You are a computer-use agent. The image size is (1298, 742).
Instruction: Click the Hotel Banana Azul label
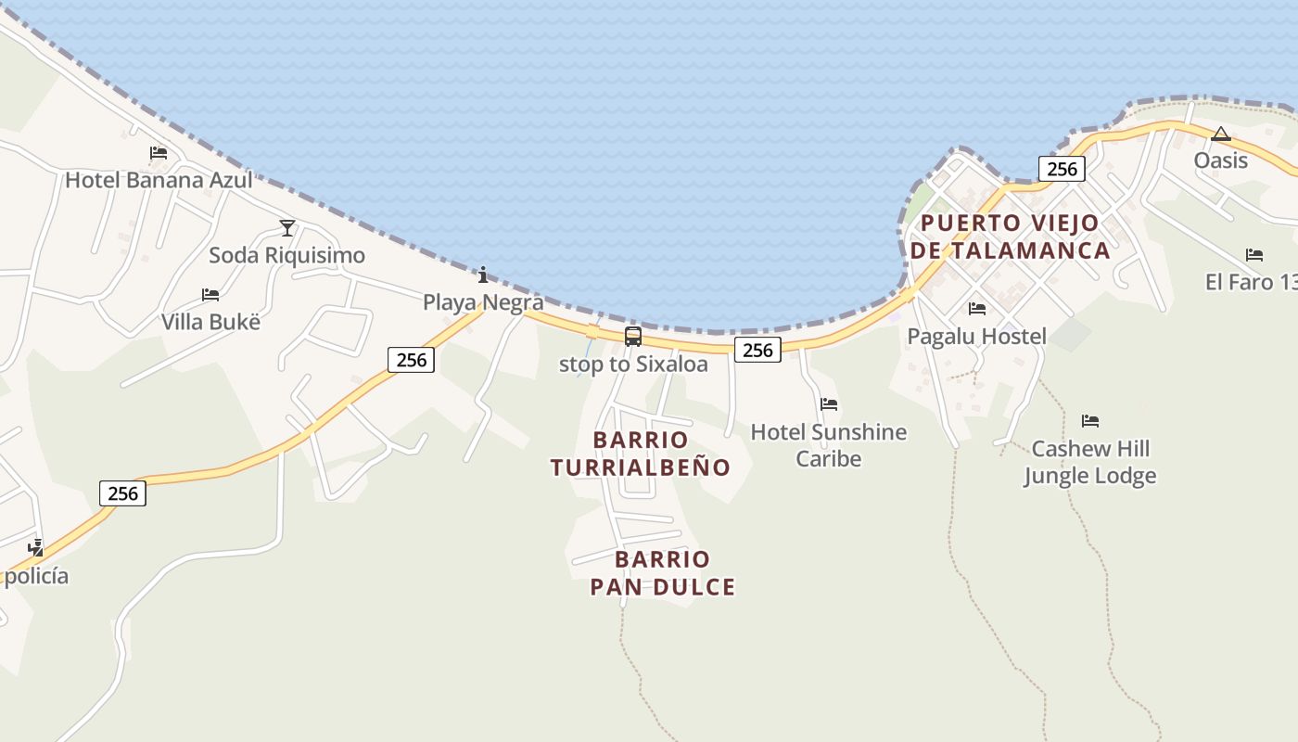[159, 180]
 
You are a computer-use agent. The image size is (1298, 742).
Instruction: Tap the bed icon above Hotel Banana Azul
[159, 153]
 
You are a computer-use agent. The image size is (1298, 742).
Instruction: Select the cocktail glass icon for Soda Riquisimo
[287, 227]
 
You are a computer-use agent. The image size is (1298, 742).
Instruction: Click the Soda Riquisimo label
[286, 255]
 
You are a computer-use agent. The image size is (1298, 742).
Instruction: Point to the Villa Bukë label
[210, 322]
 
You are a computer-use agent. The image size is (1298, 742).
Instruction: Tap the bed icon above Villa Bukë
[210, 295]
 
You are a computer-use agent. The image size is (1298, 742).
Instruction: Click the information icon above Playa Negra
[483, 275]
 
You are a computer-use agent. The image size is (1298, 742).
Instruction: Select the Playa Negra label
[483, 301]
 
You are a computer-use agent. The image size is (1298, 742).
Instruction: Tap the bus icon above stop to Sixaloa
[633, 337]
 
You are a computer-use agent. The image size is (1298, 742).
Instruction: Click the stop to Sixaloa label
[633, 365]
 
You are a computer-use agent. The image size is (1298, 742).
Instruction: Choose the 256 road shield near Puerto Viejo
[1062, 169]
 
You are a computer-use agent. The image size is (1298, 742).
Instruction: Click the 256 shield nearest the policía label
[122, 493]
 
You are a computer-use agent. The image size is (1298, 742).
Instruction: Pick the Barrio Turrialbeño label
[640, 454]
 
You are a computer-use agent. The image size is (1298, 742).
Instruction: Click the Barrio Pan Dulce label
[662, 573]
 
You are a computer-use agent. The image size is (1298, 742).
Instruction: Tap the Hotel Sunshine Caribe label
[829, 445]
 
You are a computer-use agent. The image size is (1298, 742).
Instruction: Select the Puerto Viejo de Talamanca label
[1010, 237]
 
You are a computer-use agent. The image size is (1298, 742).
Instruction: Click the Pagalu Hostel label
[976, 336]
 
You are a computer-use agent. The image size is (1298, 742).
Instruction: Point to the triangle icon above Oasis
[1221, 134]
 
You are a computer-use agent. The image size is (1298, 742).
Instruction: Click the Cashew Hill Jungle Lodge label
[1090, 462]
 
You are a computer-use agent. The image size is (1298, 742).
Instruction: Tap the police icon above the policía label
[35, 547]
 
